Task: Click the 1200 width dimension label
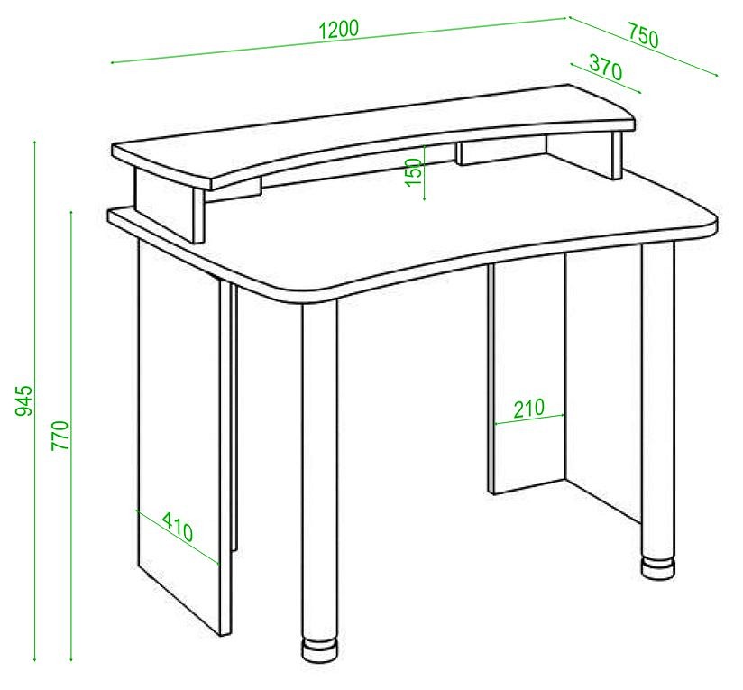[x=339, y=30]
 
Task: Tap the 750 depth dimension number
[x=644, y=36]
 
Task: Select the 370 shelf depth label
[x=606, y=68]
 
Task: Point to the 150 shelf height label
[x=413, y=171]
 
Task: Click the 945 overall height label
[x=23, y=400]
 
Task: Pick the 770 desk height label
[x=60, y=435]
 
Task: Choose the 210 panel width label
[x=528, y=408]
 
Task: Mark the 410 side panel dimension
[x=179, y=526]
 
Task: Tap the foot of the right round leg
[x=657, y=567]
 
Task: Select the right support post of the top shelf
[x=617, y=154]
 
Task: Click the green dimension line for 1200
[x=338, y=41]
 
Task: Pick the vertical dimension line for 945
[x=35, y=400]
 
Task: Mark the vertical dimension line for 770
[x=71, y=436]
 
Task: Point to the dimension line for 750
[x=644, y=46]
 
